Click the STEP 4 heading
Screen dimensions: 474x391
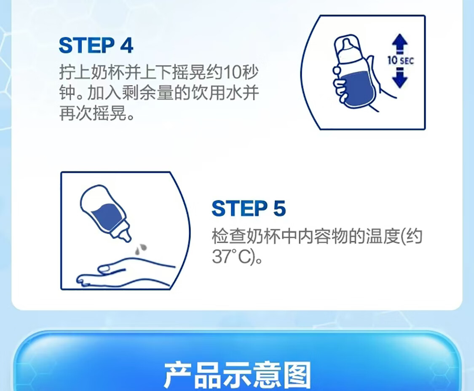click(96, 46)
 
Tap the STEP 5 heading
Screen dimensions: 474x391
click(249, 208)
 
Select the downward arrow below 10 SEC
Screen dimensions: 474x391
click(400, 78)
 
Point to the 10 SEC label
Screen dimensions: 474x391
click(401, 60)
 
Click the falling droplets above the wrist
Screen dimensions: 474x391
click(141, 249)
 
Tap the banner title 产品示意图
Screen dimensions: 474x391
click(238, 375)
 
